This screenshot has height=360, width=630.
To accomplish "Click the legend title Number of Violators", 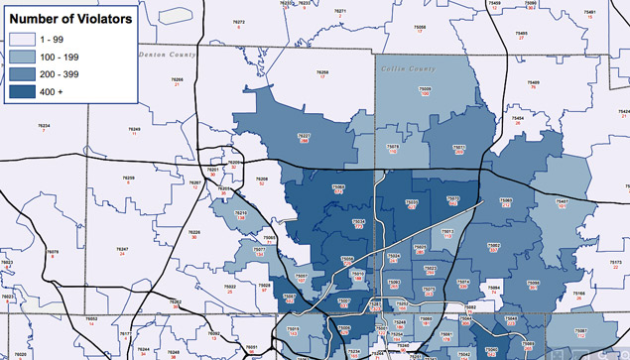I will (x=70, y=18).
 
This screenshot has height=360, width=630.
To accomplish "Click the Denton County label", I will (x=168, y=56).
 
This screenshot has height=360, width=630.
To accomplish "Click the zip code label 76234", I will (x=43, y=125).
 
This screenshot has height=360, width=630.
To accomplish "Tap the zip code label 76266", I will (x=176, y=79).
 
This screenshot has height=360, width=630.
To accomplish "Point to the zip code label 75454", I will (x=518, y=117).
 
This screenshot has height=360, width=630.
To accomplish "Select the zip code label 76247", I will (x=122, y=249).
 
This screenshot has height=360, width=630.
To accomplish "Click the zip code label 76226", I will (x=194, y=232).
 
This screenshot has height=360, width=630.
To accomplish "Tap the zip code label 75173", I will (x=600, y=263).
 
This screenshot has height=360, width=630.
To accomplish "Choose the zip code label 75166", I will (x=580, y=293).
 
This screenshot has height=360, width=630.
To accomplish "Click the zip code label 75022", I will (x=230, y=286).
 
